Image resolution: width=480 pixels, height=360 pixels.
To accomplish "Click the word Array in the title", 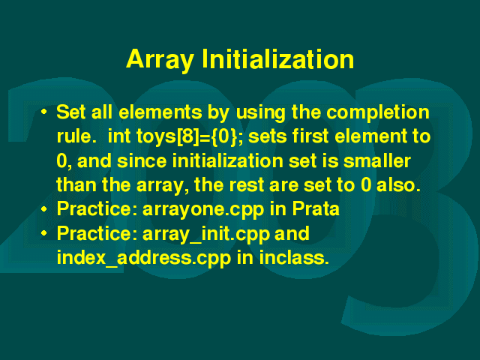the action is [160, 60].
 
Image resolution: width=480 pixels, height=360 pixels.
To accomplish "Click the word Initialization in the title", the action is [278, 58].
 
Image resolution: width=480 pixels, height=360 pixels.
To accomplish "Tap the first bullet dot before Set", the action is [44, 112].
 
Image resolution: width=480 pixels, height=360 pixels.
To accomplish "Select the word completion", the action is [378, 113].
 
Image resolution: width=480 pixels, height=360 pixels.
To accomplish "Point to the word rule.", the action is [74, 136].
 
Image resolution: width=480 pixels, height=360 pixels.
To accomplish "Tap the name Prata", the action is [316, 209].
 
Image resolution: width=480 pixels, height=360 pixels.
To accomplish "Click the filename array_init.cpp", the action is [206, 235].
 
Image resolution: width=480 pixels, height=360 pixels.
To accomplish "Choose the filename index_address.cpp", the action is [144, 259].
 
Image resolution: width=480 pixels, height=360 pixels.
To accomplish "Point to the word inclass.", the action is [294, 258].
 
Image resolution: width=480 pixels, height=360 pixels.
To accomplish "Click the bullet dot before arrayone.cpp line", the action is [44, 209].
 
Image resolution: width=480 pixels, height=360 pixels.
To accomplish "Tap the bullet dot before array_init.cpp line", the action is [44, 233].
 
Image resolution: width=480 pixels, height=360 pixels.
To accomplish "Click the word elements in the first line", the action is [160, 112].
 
